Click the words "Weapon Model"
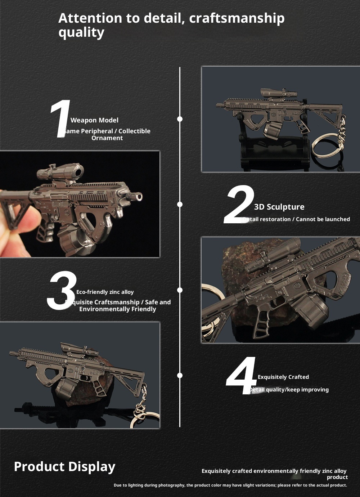[94, 120]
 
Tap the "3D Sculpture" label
[279, 207]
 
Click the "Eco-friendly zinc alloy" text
[105, 292]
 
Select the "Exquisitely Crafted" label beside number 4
[283, 377]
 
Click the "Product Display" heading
[64, 466]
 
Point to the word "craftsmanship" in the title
[237, 18]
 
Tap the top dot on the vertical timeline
[180, 119]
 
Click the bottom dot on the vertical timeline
[180, 375]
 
